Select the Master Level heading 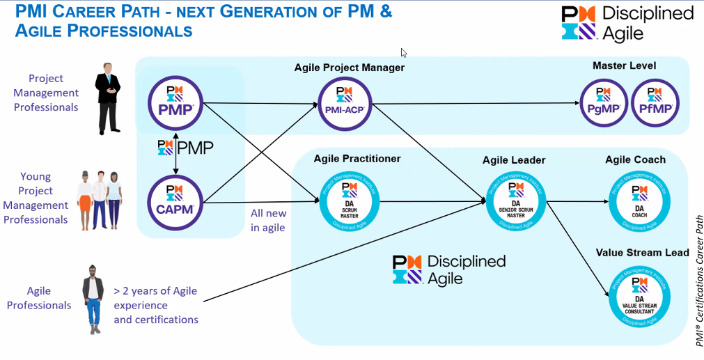(x=624, y=65)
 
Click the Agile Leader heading (x=514, y=160)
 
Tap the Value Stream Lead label (x=642, y=253)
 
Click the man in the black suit (x=108, y=97)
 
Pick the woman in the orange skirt (x=86, y=199)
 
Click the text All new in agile (x=268, y=220)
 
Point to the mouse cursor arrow (x=404, y=52)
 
